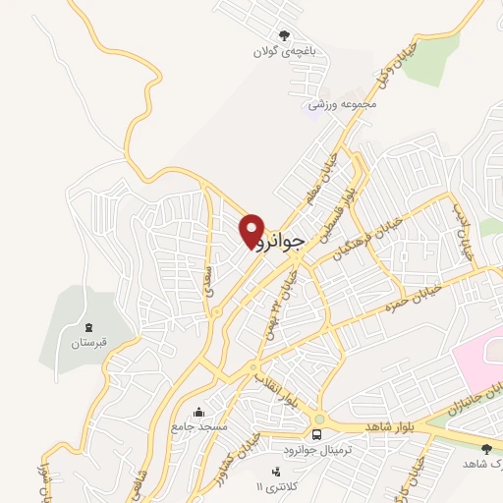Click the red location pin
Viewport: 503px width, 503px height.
pos(252,230)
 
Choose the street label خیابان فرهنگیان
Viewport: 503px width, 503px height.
pos(368,236)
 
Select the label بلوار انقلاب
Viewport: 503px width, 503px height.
pos(281,389)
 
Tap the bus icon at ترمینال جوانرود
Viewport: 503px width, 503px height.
pos(317,434)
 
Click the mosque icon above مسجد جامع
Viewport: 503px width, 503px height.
pos(199,412)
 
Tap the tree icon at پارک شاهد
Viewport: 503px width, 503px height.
pos(485,449)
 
